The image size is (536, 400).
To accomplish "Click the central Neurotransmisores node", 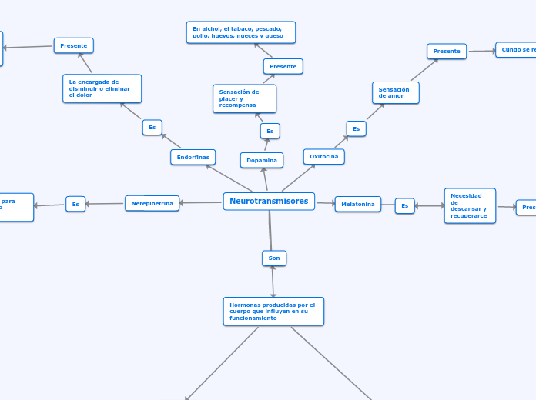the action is coord(269,202).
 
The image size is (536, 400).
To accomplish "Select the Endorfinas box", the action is coord(193,157).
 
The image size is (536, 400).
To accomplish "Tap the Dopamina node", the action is coord(262,160).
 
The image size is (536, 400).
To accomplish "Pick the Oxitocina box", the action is coord(323,156).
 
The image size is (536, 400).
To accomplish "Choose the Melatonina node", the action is coord(357,204).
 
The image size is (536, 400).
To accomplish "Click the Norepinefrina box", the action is coord(152,203).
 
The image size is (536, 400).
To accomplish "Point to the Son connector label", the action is coord(274,258).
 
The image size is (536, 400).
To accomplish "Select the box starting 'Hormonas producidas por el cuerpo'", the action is coord(273,311).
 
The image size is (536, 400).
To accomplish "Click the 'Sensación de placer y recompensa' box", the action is coord(244,98).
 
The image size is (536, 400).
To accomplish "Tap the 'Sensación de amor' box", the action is coord(395,92).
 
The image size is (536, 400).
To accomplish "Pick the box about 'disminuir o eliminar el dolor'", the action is coord(102,88).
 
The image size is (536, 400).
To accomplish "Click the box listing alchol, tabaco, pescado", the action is coord(240,32).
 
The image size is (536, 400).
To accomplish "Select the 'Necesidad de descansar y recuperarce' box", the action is coord(470,205).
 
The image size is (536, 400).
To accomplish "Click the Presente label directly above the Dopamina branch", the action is coord(283,66).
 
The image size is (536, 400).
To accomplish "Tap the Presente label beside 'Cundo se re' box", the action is coord(447,51).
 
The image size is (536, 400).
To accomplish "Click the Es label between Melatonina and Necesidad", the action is coord(404,205).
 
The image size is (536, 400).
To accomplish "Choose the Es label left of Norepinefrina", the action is coord(75,204).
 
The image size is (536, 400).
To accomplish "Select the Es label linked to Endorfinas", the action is coord(152,127).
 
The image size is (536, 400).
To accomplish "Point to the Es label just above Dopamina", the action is coord(270,131).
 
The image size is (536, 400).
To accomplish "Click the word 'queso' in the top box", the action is coord(273,36).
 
